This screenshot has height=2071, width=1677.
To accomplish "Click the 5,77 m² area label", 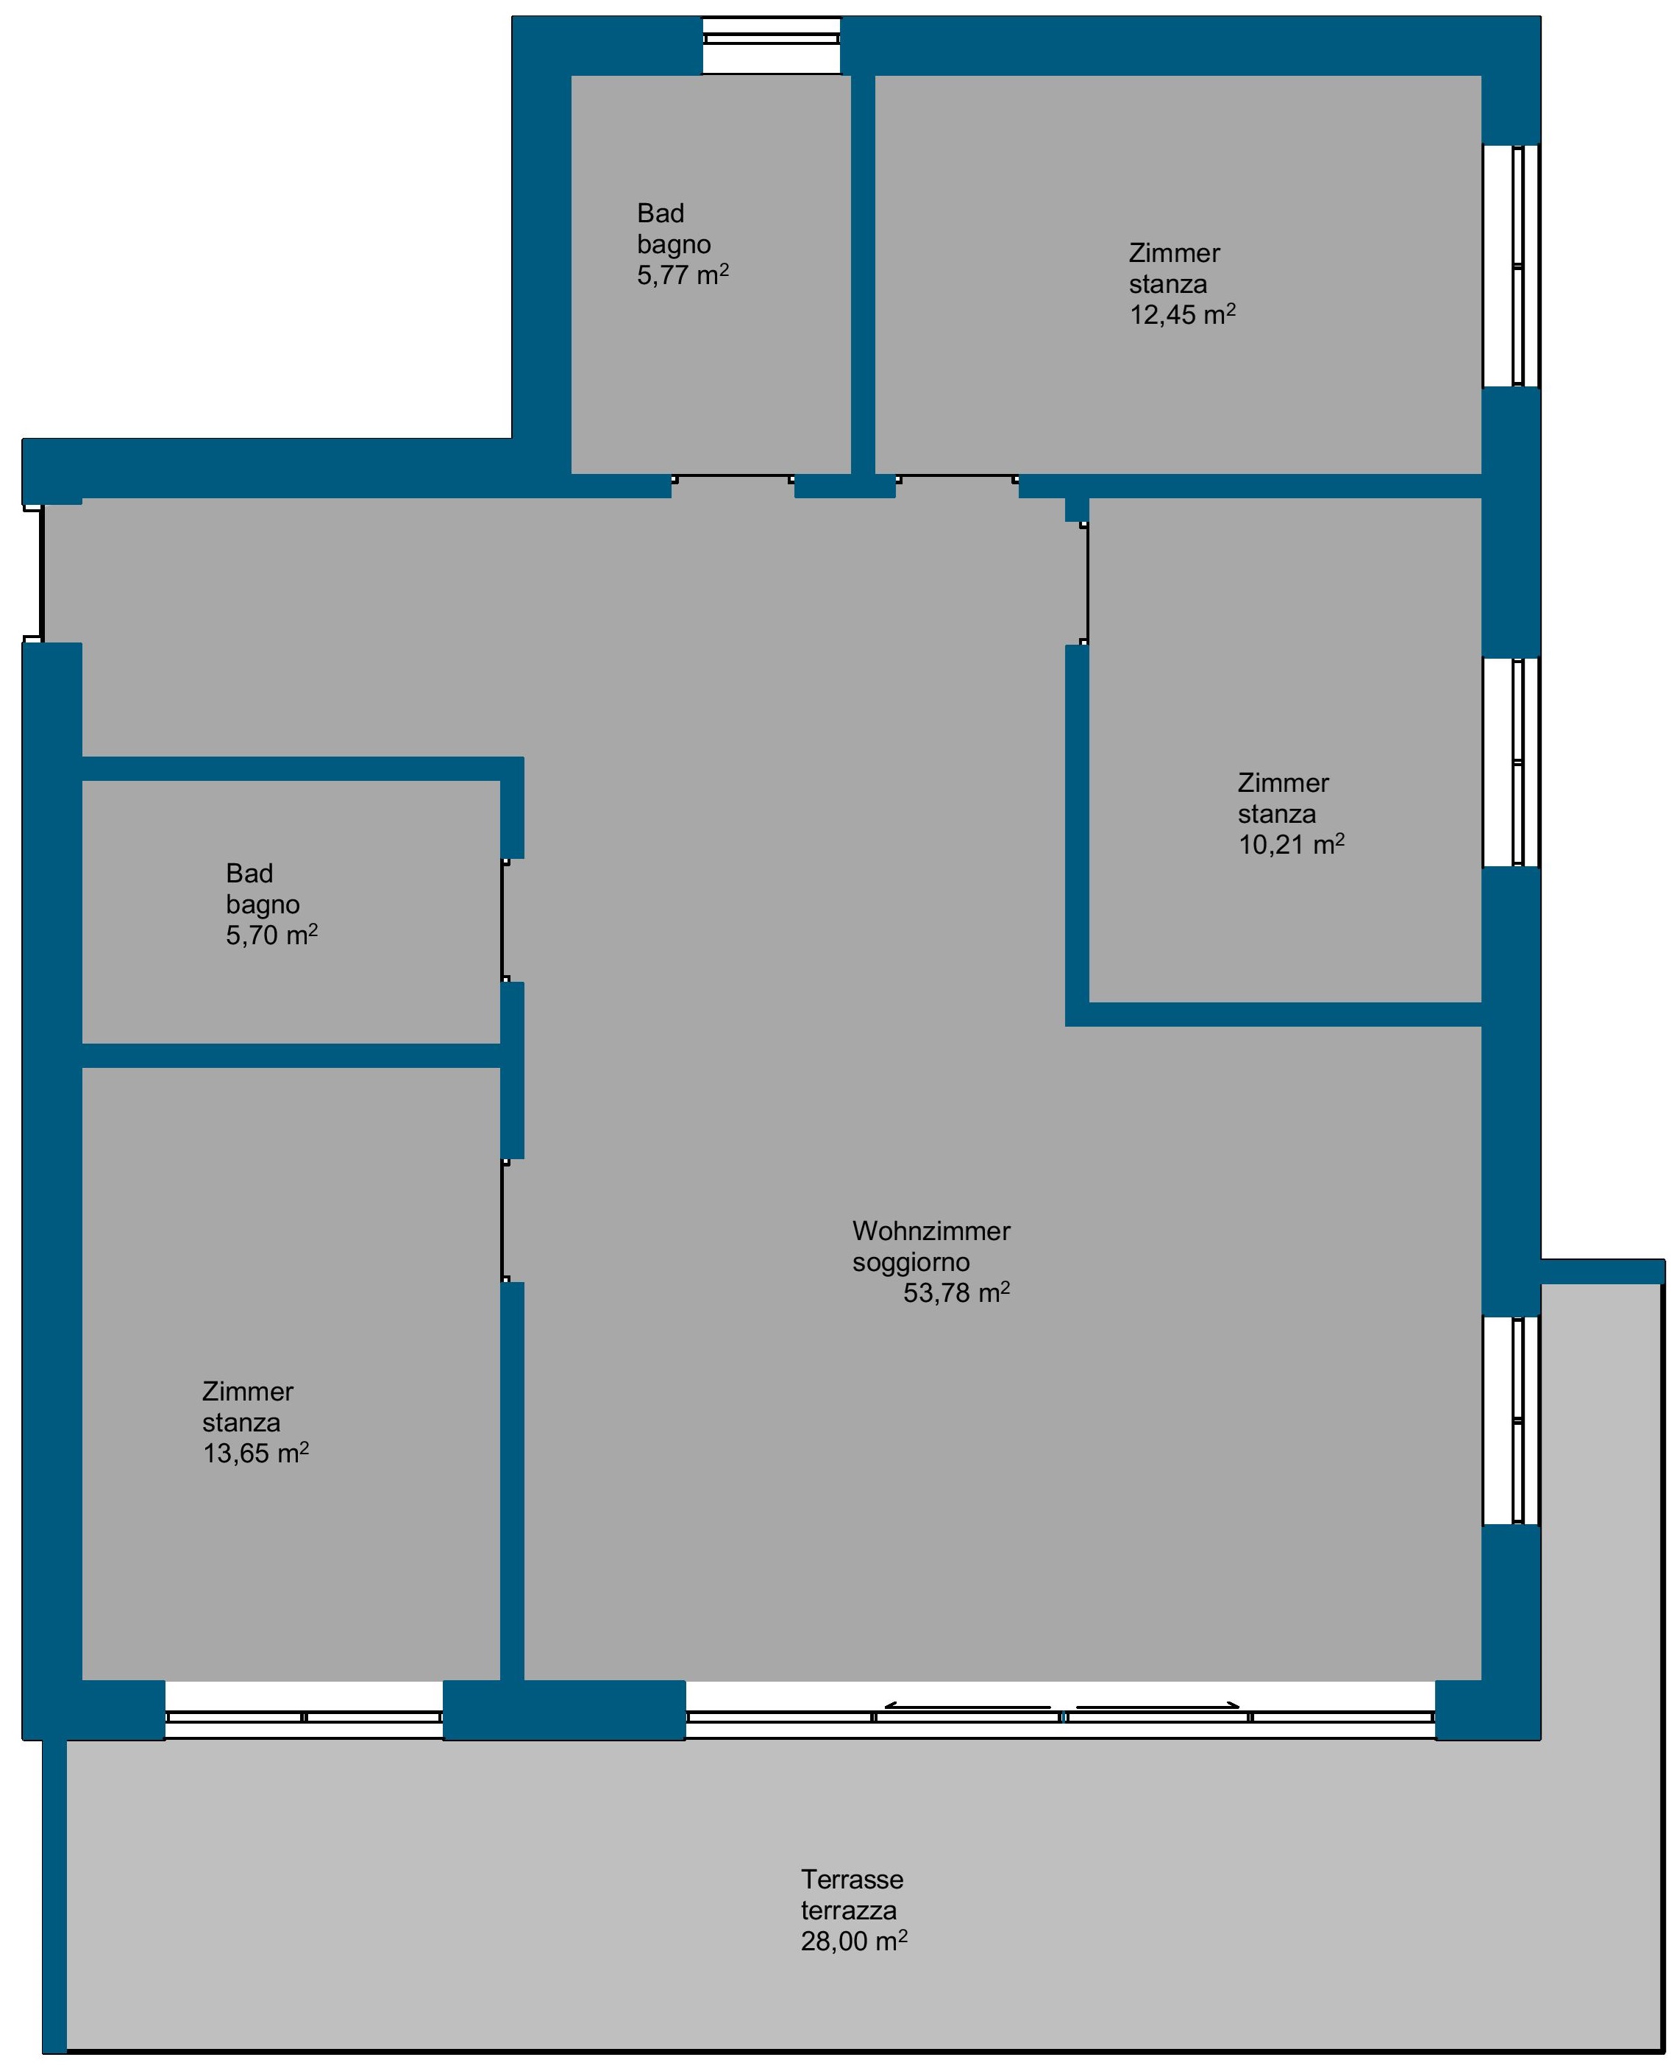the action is point(682,275).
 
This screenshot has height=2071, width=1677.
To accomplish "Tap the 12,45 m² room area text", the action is point(1183,314).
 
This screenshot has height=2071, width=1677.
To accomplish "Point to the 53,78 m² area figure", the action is point(956,1292).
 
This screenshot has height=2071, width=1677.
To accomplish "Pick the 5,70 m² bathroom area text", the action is point(271,935).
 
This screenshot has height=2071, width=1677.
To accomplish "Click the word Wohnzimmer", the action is point(931,1231).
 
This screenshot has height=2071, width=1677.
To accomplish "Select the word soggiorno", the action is point(911,1262).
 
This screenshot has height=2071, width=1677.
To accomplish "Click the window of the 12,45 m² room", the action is point(1511,266).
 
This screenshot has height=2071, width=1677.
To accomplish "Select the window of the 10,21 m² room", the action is point(1511,762).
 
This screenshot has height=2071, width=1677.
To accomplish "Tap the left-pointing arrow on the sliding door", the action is point(967,1707).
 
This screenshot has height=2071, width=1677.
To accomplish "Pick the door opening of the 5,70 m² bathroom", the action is point(503,920).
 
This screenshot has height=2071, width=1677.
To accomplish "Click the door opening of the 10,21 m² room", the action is point(1086,584).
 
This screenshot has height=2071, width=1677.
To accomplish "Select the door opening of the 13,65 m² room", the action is point(503,1220).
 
